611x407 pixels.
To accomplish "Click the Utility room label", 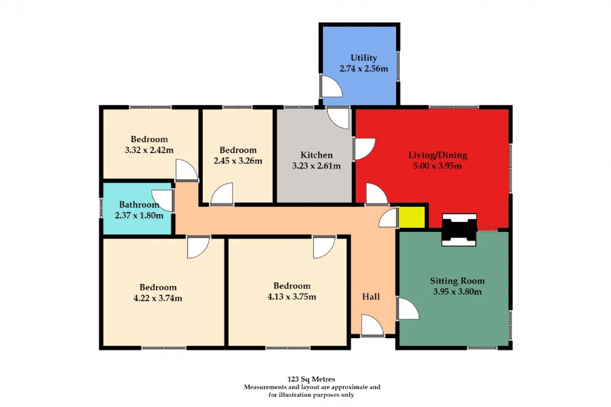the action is point(364,58).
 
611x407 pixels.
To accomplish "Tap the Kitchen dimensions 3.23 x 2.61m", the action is point(316,166).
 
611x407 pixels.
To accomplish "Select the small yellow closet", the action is point(412,217).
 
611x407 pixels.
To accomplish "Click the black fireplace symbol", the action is point(459,230).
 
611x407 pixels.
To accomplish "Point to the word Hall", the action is point(371,296).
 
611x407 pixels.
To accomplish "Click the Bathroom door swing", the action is point(162,200).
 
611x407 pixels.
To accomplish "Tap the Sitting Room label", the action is point(457,281).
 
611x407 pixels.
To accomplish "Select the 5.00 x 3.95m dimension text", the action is point(438,166).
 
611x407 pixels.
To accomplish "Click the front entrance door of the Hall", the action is point(372,325).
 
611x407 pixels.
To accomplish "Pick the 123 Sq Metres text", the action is point(311,379).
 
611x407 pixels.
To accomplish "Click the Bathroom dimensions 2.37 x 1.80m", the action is point(139,215).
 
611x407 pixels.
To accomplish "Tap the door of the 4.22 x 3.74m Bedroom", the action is point(198,247).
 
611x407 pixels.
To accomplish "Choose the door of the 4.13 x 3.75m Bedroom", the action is point(324,247).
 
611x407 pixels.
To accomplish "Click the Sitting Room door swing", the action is point(408,308).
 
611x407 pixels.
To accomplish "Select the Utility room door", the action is point(331,86).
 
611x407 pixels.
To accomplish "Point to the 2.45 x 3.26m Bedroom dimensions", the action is point(238,161).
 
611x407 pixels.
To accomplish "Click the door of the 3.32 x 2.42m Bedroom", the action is point(187,170).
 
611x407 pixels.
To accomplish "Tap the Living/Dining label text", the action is point(438,155).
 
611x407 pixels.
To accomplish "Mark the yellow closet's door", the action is point(388,218).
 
